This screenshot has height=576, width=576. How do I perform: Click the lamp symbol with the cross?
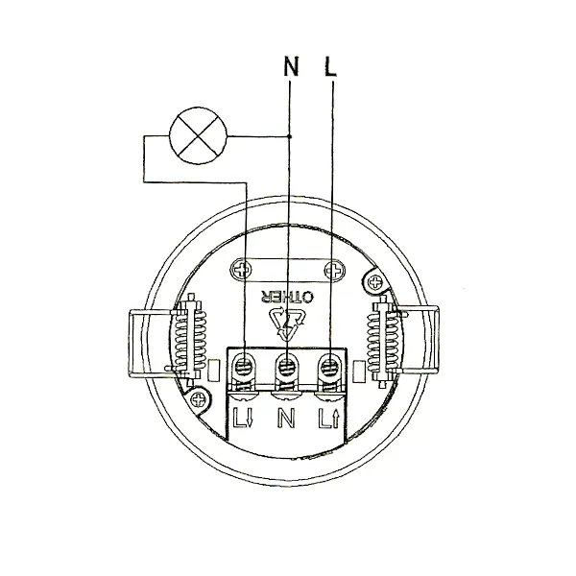pyautogui.click(x=199, y=136)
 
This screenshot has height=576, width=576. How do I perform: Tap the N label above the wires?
pyautogui.click(x=291, y=66)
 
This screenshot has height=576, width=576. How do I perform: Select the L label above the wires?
pyautogui.click(x=330, y=66)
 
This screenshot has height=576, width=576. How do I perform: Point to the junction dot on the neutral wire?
pyautogui.click(x=290, y=136)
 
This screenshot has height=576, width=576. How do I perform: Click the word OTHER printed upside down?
pyautogui.click(x=288, y=297)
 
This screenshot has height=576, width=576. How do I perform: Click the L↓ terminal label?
pyautogui.click(x=243, y=419)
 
